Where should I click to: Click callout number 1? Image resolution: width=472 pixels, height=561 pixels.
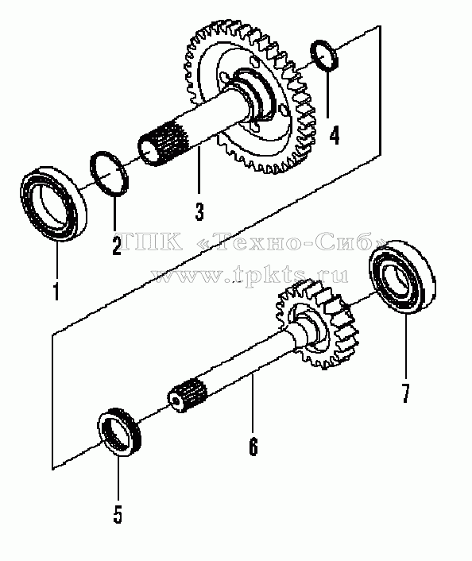56,291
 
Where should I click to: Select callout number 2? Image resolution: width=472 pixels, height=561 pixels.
116,245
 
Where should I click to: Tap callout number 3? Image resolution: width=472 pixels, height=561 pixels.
199,211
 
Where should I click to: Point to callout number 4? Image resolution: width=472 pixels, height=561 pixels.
334,135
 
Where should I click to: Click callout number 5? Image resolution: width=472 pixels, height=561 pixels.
118,514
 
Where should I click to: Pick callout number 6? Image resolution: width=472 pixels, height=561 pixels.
253,447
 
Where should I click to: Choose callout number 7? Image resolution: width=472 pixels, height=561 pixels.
405,393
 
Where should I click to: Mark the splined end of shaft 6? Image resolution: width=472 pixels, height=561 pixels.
187,395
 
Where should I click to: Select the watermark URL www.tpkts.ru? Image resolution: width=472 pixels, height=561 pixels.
250,275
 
